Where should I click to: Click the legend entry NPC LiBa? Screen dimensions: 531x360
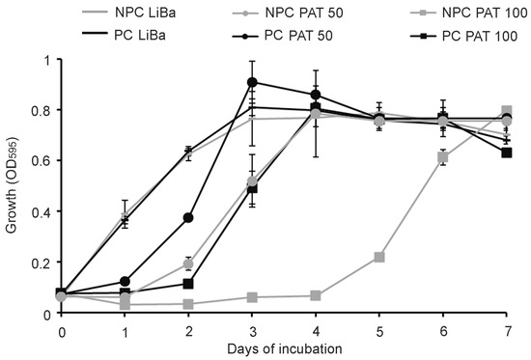click(x=129, y=13)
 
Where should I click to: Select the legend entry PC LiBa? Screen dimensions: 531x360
click(x=124, y=35)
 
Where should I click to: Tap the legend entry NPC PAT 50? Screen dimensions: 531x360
click(x=288, y=13)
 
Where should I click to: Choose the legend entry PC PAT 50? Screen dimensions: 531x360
click(x=283, y=35)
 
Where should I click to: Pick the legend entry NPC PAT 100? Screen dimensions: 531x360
click(x=469, y=13)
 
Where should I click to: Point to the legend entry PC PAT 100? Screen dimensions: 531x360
click(x=464, y=35)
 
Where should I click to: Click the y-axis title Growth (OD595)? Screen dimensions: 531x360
click(x=13, y=185)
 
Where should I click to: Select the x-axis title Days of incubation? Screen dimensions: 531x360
click(x=285, y=348)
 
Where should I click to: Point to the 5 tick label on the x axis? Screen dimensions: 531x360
click(x=379, y=332)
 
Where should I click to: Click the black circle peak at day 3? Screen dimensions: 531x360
click(x=252, y=82)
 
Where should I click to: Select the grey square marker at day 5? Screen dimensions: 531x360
click(x=379, y=257)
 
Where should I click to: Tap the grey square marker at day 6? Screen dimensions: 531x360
click(x=442, y=157)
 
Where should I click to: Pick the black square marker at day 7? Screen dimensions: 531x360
click(x=506, y=152)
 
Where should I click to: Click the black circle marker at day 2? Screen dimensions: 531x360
click(x=188, y=218)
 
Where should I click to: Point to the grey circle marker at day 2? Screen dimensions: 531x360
click(x=188, y=264)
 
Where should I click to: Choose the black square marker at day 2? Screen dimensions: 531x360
click(x=188, y=284)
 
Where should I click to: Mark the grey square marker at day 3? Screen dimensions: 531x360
click(x=252, y=297)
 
